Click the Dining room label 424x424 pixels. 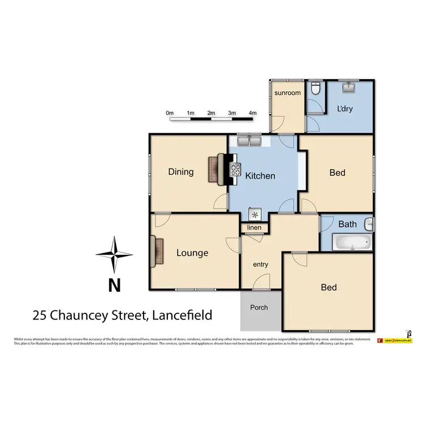coord(181,172)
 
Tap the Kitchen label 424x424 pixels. coord(260,176)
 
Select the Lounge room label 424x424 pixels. coord(192,253)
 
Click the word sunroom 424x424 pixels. coord(287,92)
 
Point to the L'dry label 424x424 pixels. coord(344,109)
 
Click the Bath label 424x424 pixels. coord(347,224)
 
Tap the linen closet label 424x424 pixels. coord(254,228)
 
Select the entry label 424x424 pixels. coord(261,264)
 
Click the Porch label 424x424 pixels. coord(259,308)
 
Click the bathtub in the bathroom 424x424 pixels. coord(351,244)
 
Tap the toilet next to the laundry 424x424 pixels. coord(317,89)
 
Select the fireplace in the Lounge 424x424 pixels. coord(157,252)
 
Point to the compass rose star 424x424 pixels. coord(114,255)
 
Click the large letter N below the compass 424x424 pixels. coord(114,285)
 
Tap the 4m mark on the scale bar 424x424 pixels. coord(252,113)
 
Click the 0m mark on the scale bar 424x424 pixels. coord(170,113)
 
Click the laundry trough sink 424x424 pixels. coord(349,87)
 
